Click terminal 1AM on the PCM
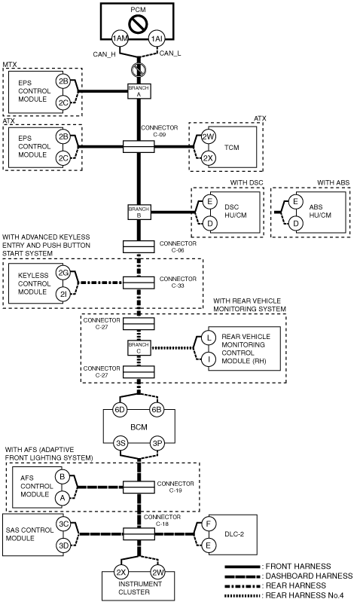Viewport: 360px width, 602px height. pos(119,38)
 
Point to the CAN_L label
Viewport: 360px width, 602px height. pos(170,53)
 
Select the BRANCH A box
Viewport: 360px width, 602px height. pos(139,91)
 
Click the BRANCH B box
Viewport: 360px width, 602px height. pos(139,212)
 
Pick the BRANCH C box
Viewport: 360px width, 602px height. pos(139,348)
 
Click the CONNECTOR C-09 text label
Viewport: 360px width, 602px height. pos(159,131)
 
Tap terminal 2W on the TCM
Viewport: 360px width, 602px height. pos(209,136)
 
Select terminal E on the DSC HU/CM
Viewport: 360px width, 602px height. pos(209,202)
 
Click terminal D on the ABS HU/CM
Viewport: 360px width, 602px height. pos(295,223)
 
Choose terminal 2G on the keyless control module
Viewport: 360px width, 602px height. pos(63,273)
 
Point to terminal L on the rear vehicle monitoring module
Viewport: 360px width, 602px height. pos(209,338)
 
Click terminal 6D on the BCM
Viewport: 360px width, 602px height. pos(120,410)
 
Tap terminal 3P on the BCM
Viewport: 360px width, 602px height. pos(157,444)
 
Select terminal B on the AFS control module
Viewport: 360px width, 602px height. pos(63,477)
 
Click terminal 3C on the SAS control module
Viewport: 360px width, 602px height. pos(63,524)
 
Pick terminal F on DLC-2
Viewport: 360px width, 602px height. pos(209,524)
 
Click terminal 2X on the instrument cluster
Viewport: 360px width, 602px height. pos(121,573)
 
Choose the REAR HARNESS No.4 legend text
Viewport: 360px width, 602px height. pos(305,595)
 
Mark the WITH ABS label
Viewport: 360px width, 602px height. pos(333,183)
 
